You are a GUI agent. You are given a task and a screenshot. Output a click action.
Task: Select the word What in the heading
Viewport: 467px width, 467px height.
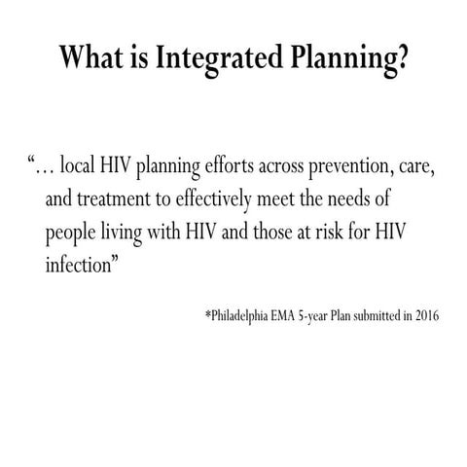pos(90,59)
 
